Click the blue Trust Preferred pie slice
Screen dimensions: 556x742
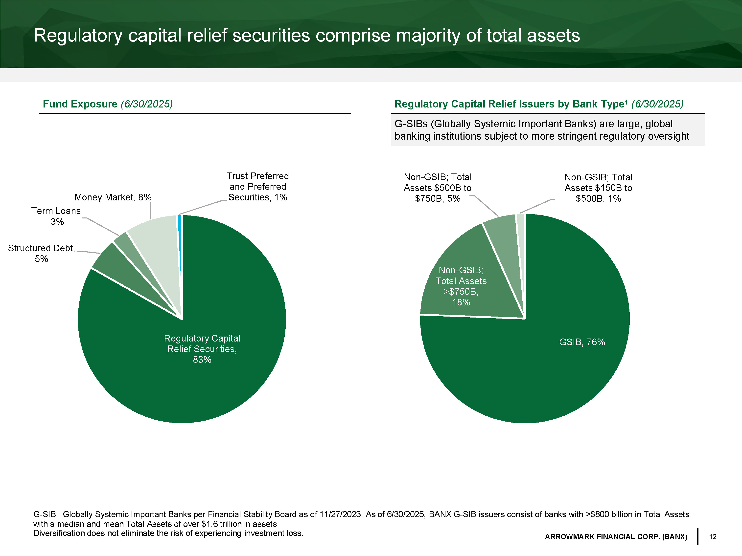(180, 235)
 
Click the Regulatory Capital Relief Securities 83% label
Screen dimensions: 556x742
(202, 349)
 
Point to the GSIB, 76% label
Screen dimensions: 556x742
(582, 342)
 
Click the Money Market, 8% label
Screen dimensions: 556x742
(113, 197)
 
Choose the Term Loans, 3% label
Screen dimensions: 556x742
(57, 216)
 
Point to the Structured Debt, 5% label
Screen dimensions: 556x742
(41, 253)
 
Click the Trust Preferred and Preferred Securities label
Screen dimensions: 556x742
(258, 187)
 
